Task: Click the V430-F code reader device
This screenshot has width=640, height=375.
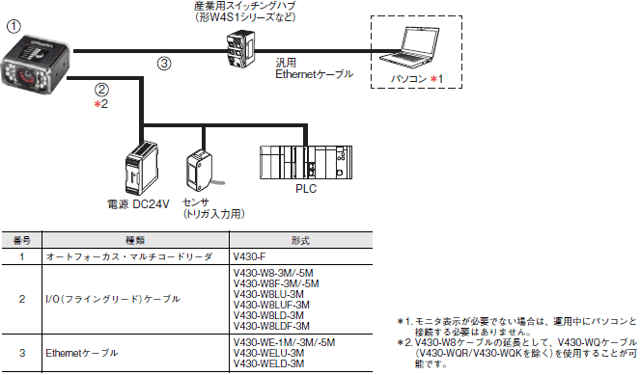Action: tap(36, 64)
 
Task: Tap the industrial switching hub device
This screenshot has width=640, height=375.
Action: tap(240, 49)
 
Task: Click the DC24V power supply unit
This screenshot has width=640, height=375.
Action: tap(142, 169)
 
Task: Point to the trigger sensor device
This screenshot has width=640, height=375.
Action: tap(201, 171)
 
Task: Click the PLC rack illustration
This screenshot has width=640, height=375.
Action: tap(306, 162)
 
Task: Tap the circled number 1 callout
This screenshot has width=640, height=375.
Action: tap(14, 26)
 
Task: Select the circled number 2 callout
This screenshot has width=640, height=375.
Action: tap(101, 90)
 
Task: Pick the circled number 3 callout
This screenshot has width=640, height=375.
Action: tap(164, 64)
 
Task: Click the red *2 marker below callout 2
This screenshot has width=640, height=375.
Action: tap(101, 104)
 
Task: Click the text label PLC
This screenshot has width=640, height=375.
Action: tap(306, 189)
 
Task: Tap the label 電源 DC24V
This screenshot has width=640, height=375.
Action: tap(138, 204)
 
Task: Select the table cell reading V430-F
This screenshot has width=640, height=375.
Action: tap(249, 256)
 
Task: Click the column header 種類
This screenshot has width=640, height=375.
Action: tap(135, 240)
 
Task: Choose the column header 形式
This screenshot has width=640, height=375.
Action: tap(301, 240)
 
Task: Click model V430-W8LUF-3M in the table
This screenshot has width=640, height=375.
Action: tap(271, 305)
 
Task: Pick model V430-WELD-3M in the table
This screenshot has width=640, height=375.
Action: tap(268, 363)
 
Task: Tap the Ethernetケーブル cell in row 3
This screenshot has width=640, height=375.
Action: tap(82, 353)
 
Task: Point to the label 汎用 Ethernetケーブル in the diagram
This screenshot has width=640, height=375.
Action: tap(314, 68)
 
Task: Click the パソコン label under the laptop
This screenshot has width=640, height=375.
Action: tap(408, 79)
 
